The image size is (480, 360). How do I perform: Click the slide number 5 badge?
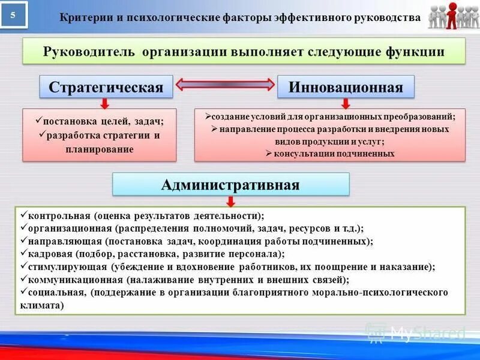(x=14, y=15)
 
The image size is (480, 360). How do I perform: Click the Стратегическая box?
(x=106, y=86)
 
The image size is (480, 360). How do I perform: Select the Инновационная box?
(x=346, y=86)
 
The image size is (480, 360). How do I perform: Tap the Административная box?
(x=230, y=184)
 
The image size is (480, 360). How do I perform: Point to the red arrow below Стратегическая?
(x=104, y=103)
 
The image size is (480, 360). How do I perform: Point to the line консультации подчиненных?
(x=330, y=154)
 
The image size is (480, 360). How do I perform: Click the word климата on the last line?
(x=39, y=305)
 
